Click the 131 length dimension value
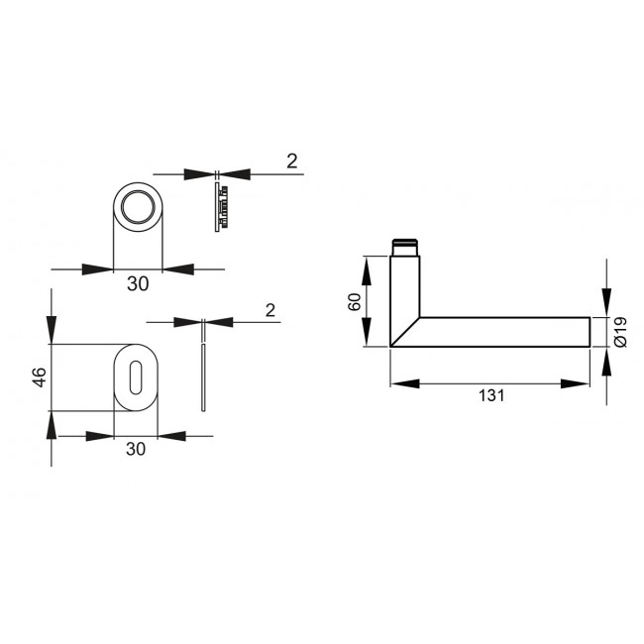(490, 395)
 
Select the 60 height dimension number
(354, 301)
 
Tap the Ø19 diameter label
(619, 331)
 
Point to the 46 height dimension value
(39, 377)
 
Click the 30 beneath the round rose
(138, 284)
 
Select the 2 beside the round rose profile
(291, 161)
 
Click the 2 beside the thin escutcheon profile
(270, 310)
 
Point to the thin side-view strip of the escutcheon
(203, 376)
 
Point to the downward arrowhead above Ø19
(606, 303)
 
